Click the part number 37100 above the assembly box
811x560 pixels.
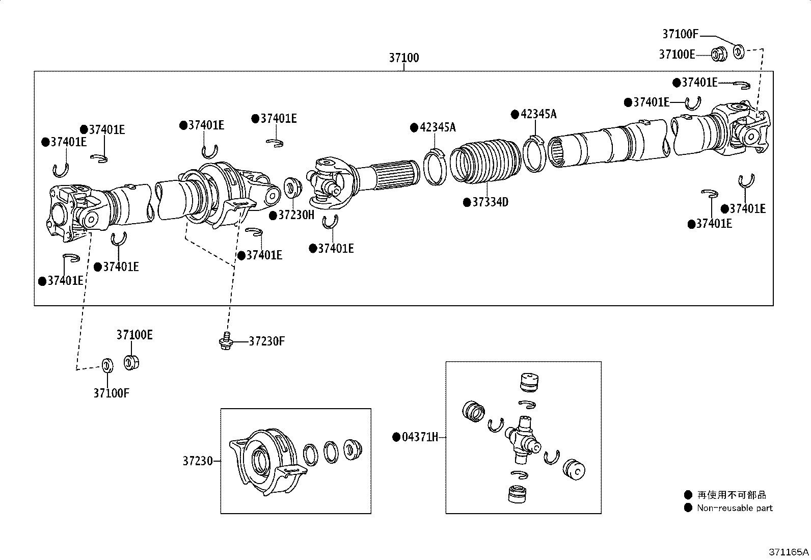click(x=404, y=58)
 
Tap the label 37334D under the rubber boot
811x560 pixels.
click(x=490, y=202)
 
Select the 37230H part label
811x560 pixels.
click(x=296, y=215)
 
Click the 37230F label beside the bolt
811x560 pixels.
click(x=266, y=341)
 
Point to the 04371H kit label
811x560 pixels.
click(x=420, y=437)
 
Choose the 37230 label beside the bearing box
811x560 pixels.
click(x=198, y=461)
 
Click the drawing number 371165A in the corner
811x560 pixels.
click(x=789, y=551)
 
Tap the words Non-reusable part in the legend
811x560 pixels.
click(x=735, y=508)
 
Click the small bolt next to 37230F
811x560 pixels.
click(x=225, y=340)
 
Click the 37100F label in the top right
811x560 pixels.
click(x=680, y=34)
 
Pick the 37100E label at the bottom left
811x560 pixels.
click(x=134, y=335)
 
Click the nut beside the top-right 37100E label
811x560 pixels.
click(x=719, y=53)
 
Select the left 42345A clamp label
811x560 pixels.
click(x=438, y=127)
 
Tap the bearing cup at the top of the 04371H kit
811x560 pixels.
click(x=529, y=382)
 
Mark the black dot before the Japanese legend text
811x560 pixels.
click(x=688, y=494)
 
